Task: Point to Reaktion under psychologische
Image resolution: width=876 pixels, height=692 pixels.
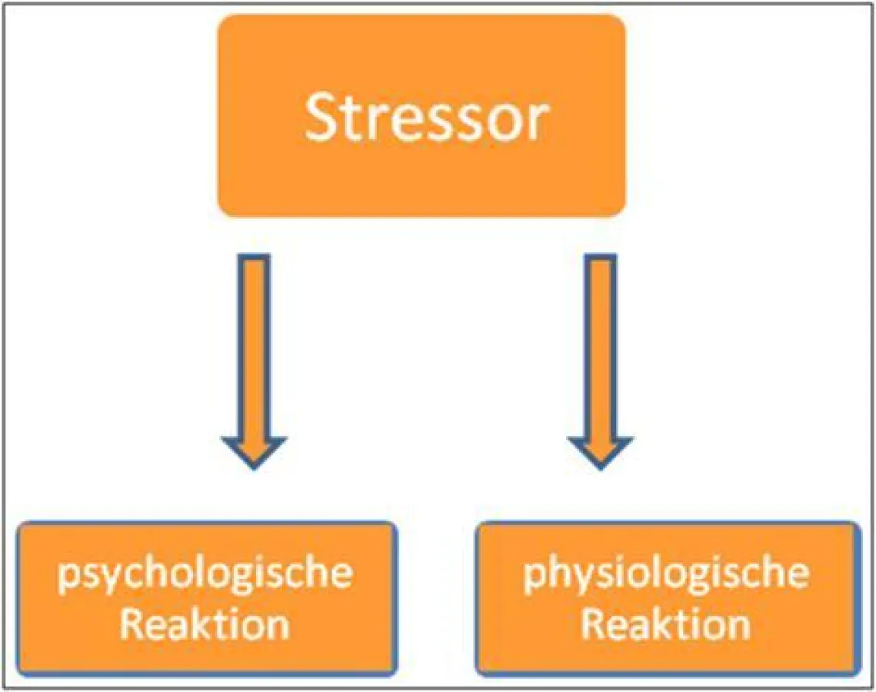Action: pyautogui.click(x=205, y=624)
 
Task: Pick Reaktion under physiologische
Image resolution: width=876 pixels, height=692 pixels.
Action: pyautogui.click(x=666, y=624)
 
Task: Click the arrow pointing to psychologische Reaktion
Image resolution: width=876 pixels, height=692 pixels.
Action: pyautogui.click(x=255, y=361)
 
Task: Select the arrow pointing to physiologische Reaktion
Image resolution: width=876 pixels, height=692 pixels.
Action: pyautogui.click(x=600, y=361)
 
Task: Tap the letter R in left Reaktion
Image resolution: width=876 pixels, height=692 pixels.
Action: pyautogui.click(x=132, y=624)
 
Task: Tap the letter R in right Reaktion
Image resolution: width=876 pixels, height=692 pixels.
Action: pyautogui.click(x=593, y=624)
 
